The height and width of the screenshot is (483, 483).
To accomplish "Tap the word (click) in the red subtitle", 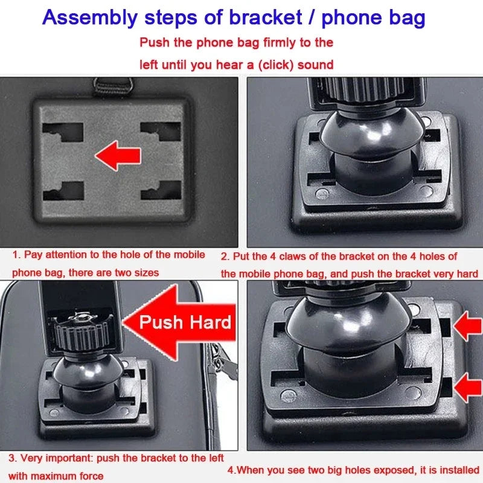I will tap(275, 65).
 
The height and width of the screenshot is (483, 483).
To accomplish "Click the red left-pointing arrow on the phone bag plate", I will tap(118, 157).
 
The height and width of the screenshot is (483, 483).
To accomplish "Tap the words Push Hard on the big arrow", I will tap(185, 322).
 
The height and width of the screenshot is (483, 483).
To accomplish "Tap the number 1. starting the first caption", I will tap(16, 255).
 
